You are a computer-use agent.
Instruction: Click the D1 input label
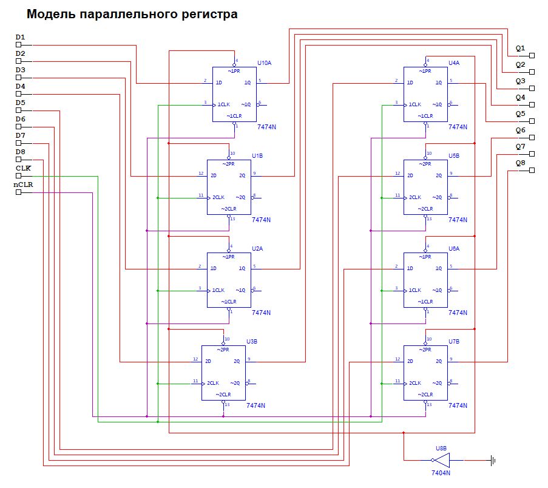[20, 38]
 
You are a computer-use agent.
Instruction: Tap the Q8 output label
[520, 163]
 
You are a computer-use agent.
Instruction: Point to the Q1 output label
[520, 48]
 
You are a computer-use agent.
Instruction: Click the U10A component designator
[265, 63]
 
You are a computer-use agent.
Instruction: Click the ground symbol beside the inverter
[493, 461]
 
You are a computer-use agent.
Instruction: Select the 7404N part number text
[441, 473]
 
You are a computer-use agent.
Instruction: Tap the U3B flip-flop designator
[252, 342]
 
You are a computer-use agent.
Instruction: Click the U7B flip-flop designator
[455, 342]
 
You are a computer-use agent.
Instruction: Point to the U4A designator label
[455, 63]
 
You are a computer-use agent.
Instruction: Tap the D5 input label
[20, 103]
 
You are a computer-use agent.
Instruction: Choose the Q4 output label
[520, 97]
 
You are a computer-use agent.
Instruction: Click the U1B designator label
[257, 156]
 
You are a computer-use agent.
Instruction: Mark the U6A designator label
[455, 249]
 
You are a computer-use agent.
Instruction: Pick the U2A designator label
[257, 249]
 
